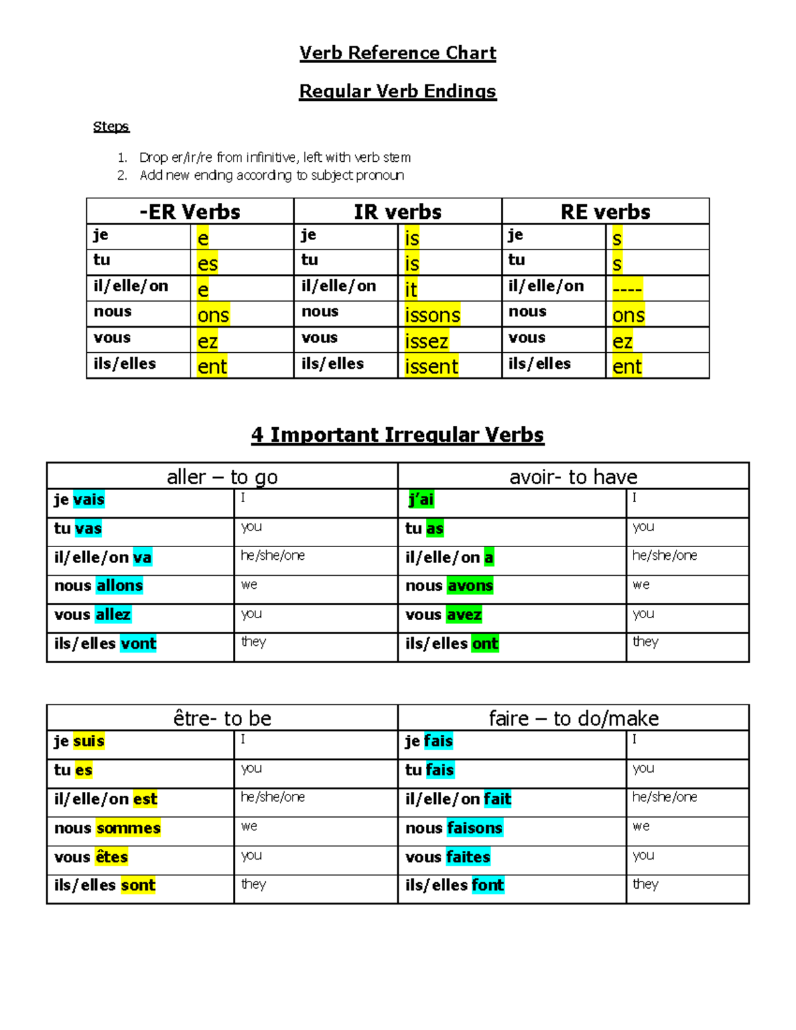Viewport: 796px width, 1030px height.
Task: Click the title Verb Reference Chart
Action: (397, 53)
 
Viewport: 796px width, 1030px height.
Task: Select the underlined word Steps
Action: (111, 127)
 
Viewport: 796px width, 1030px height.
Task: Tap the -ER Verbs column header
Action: (190, 212)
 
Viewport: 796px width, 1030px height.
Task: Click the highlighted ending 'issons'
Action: (432, 315)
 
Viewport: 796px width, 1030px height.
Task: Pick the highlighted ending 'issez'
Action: (427, 341)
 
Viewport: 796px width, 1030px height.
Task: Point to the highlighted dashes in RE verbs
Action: (627, 289)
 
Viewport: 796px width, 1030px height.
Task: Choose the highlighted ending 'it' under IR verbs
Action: (411, 289)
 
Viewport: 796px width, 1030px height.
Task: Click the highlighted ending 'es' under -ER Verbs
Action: (207, 263)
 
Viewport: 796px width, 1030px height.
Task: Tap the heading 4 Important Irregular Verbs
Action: (397, 435)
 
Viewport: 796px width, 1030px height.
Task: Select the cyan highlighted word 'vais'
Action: (89, 499)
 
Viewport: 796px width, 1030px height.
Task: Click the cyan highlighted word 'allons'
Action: (119, 586)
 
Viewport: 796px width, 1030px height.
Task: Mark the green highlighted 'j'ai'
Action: (422, 499)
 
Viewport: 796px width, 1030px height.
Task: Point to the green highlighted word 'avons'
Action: (470, 586)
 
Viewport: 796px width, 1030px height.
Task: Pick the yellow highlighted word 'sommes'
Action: (128, 828)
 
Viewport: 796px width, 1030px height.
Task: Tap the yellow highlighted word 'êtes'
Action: (111, 857)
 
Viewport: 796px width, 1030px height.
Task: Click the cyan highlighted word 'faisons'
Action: (474, 828)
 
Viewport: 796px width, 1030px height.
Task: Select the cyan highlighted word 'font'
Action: (488, 885)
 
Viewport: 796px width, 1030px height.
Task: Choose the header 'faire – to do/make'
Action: (573, 718)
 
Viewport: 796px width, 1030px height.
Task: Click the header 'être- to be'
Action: (222, 718)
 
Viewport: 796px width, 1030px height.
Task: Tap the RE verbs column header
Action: (605, 212)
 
